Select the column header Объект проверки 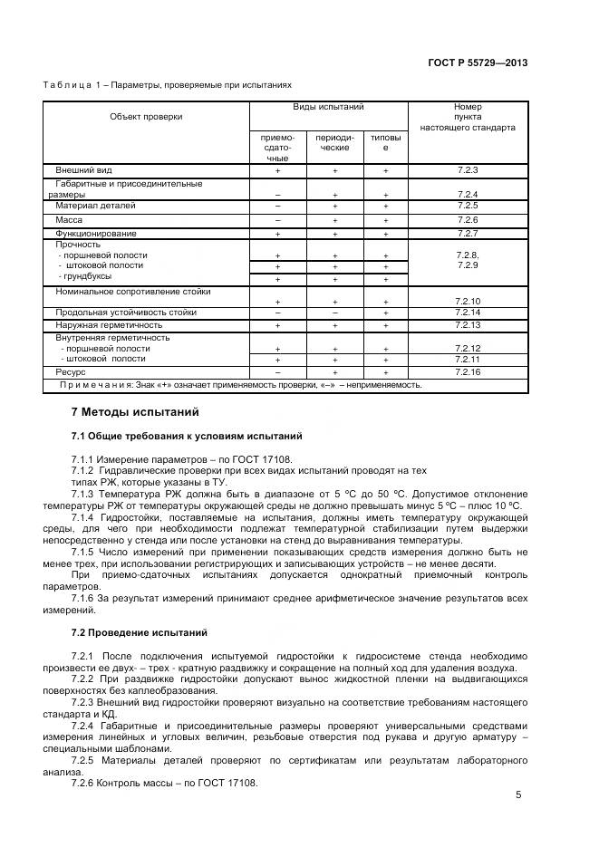(x=146, y=116)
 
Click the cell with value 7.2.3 (x=468, y=169)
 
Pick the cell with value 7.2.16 (x=468, y=371)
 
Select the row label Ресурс (x=71, y=371)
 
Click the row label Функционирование (x=96, y=233)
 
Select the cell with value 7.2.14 (x=468, y=312)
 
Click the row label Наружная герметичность (x=109, y=324)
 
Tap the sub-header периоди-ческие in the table (x=334, y=141)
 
